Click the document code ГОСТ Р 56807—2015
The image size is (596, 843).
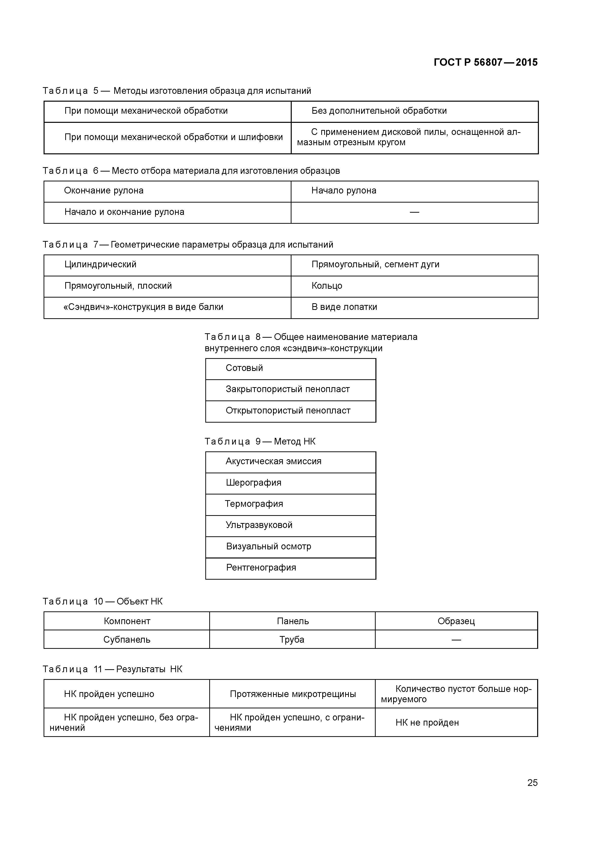point(485,63)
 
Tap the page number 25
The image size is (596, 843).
point(532,782)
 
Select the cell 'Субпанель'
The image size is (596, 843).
point(127,640)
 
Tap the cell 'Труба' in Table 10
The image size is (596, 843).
point(292,640)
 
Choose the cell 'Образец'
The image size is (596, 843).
point(456,621)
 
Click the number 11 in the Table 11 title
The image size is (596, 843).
point(98,669)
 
